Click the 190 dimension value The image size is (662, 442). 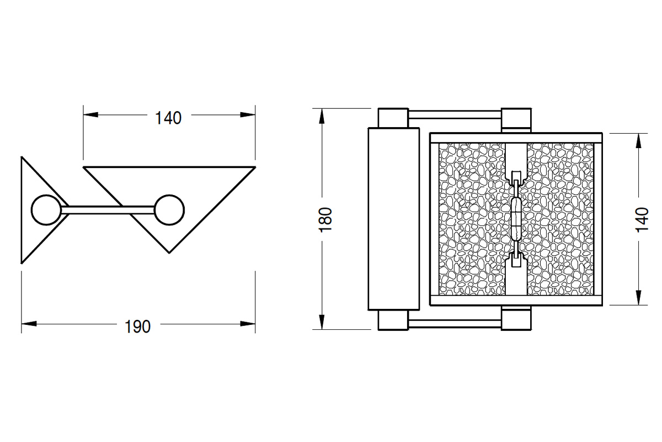pyautogui.click(x=137, y=327)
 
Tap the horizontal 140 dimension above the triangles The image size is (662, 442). pyautogui.click(x=168, y=118)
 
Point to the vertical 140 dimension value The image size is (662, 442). pyautogui.click(x=642, y=219)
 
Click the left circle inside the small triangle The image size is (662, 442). pyautogui.click(x=44, y=210)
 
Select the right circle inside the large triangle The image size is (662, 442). pyautogui.click(x=169, y=210)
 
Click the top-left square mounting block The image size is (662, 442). pyautogui.click(x=393, y=118)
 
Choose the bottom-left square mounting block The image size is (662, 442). pyautogui.click(x=393, y=320)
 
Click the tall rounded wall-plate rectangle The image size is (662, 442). pyautogui.click(x=393, y=219)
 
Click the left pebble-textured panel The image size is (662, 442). pyautogui.click(x=472, y=219)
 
